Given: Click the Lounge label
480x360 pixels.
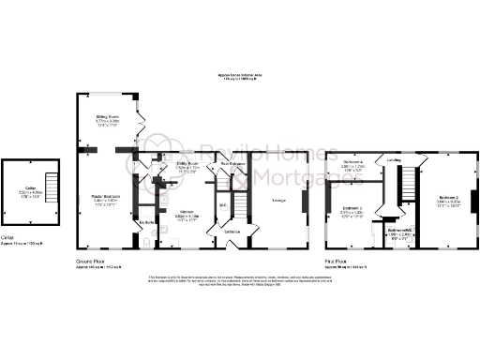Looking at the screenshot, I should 279,200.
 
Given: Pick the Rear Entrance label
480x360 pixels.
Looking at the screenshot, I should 232,164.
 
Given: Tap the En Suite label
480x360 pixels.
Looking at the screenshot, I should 146,222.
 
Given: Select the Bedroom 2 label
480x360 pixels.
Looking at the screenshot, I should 448,199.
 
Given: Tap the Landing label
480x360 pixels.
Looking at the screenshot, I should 395,160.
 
